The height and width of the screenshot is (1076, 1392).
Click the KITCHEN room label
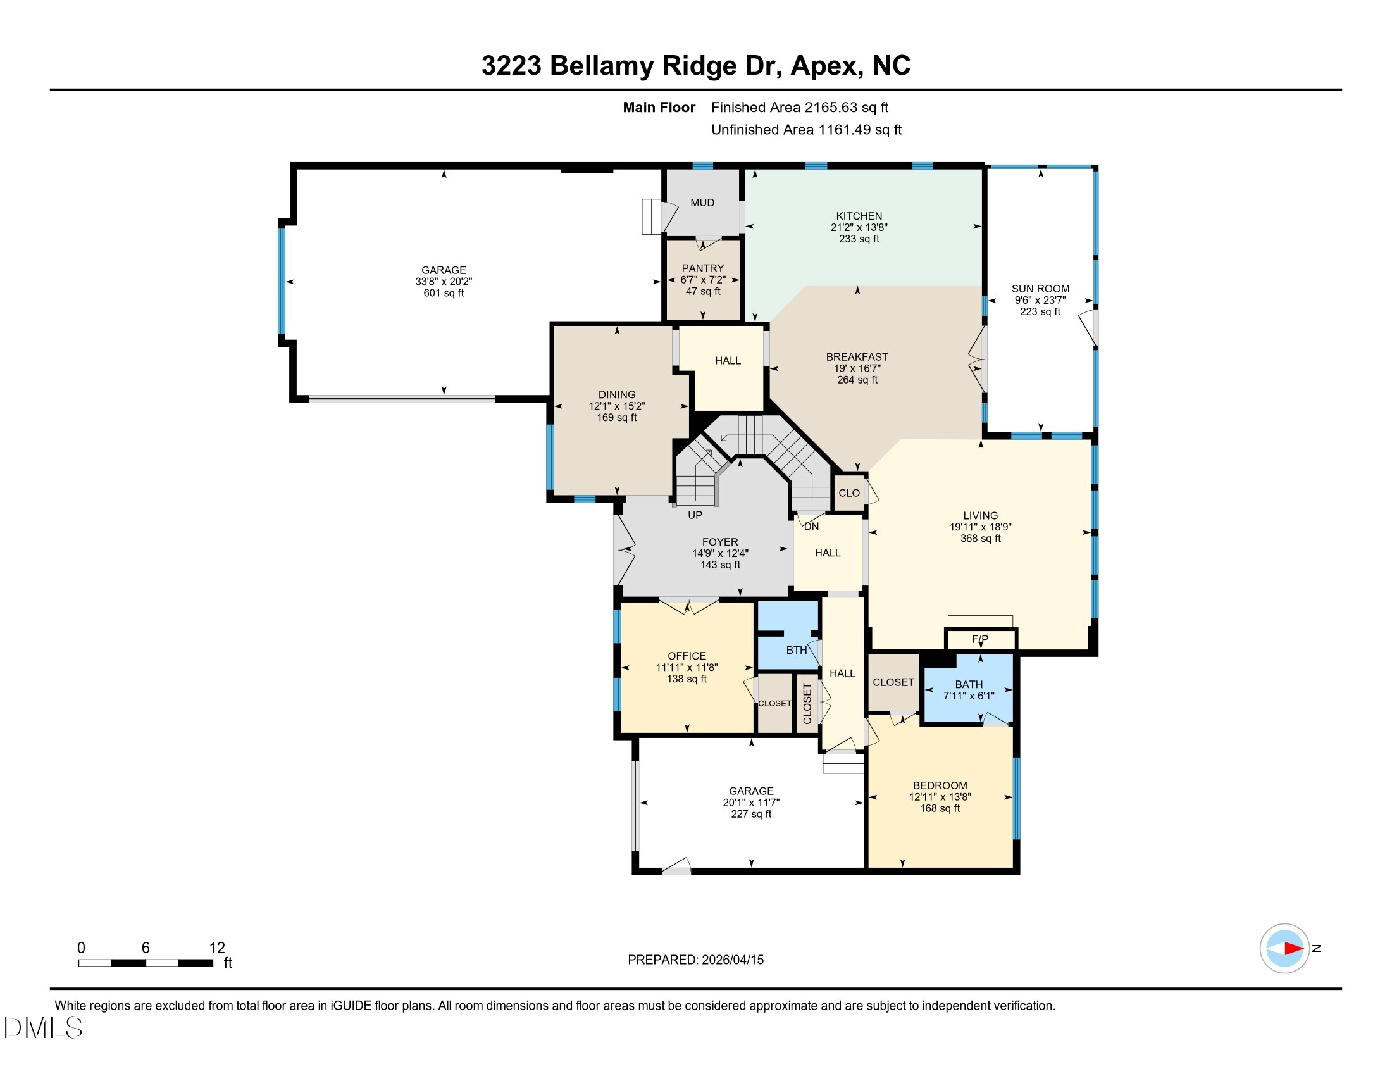(859, 216)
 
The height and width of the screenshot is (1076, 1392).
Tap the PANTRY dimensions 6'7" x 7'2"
(702, 280)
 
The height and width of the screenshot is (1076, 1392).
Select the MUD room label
(702, 203)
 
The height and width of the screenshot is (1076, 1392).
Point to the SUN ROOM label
(1040, 289)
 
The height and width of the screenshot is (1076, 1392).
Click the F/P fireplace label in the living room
(979, 639)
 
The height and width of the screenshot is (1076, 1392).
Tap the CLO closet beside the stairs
(848, 492)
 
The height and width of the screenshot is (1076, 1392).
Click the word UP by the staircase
(695, 515)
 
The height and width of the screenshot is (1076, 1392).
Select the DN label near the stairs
(811, 527)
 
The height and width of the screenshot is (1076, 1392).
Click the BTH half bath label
(796, 650)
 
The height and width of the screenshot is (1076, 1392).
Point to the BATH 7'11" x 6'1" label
(968, 690)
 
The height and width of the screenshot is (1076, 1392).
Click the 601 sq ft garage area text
(444, 293)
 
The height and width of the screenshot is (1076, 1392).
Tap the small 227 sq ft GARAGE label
(751, 814)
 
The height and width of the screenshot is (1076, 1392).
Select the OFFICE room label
(687, 656)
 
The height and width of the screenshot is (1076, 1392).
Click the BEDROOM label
(940, 785)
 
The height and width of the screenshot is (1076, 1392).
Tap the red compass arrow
(1293, 949)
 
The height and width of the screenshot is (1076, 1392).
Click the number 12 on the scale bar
(216, 948)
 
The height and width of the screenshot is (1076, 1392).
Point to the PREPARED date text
(695, 960)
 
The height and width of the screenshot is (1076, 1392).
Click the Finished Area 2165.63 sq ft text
(799, 108)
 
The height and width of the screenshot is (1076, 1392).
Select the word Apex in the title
(826, 66)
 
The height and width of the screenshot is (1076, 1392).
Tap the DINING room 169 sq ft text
(616, 418)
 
